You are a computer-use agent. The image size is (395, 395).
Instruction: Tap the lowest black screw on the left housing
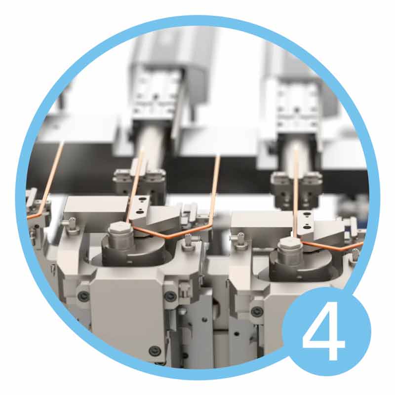coord(155,350)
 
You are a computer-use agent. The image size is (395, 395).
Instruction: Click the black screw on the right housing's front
coord(257,311)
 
